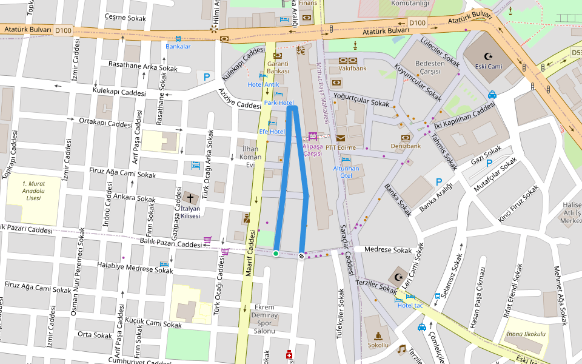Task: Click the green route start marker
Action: tap(276, 254)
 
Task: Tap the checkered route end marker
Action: tap(301, 255)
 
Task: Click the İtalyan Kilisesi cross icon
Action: tap(190, 198)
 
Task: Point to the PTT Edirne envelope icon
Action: tap(340, 138)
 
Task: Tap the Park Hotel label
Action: tap(279, 103)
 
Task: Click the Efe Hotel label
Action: tap(272, 132)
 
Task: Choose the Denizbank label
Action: tap(406, 146)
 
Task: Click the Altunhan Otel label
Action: tap(346, 172)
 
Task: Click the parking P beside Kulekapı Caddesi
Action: tap(207, 77)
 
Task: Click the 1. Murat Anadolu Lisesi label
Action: tap(33, 190)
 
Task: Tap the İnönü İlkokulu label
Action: tap(526, 334)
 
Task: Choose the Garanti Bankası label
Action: tap(278, 67)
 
